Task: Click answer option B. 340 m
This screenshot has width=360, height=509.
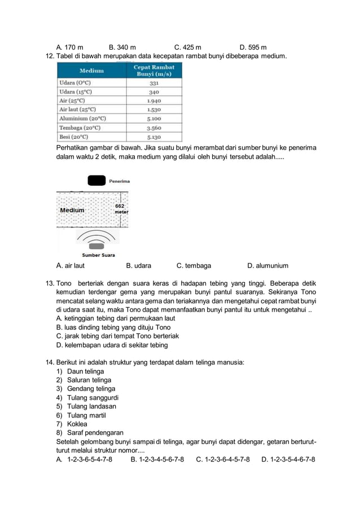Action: [121, 47]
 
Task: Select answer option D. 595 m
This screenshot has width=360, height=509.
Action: [253, 47]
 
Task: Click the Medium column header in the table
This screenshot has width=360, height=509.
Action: [91, 71]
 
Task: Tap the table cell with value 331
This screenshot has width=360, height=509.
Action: [153, 82]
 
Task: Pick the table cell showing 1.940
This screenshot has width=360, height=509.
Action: [153, 100]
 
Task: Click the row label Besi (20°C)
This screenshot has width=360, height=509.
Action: [74, 137]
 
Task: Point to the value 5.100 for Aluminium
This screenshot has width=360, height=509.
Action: [153, 119]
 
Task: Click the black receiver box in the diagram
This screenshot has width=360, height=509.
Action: [96, 181]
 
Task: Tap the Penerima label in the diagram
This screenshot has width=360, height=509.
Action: [119, 181]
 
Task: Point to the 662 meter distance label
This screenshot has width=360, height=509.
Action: [120, 209]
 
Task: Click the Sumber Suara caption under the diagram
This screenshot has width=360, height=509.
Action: [98, 255]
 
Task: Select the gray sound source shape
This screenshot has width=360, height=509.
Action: [96, 246]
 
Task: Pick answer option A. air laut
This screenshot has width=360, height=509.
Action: [71, 266]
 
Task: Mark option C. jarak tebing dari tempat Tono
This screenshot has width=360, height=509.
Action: [113, 336]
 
